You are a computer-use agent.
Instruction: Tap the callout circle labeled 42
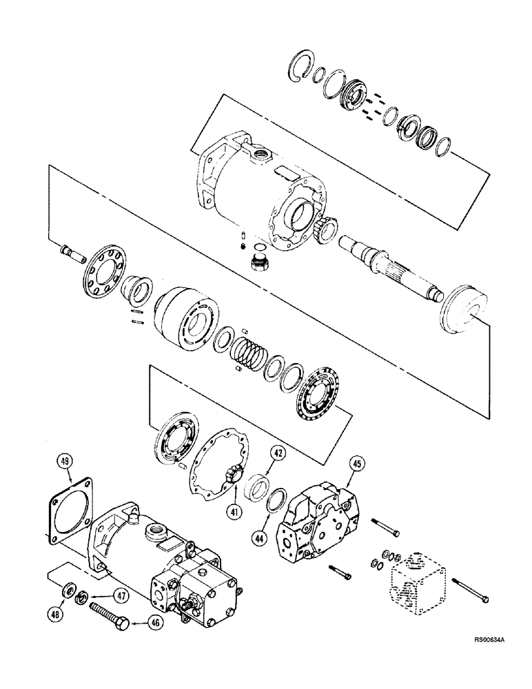pyautogui.click(x=277, y=454)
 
